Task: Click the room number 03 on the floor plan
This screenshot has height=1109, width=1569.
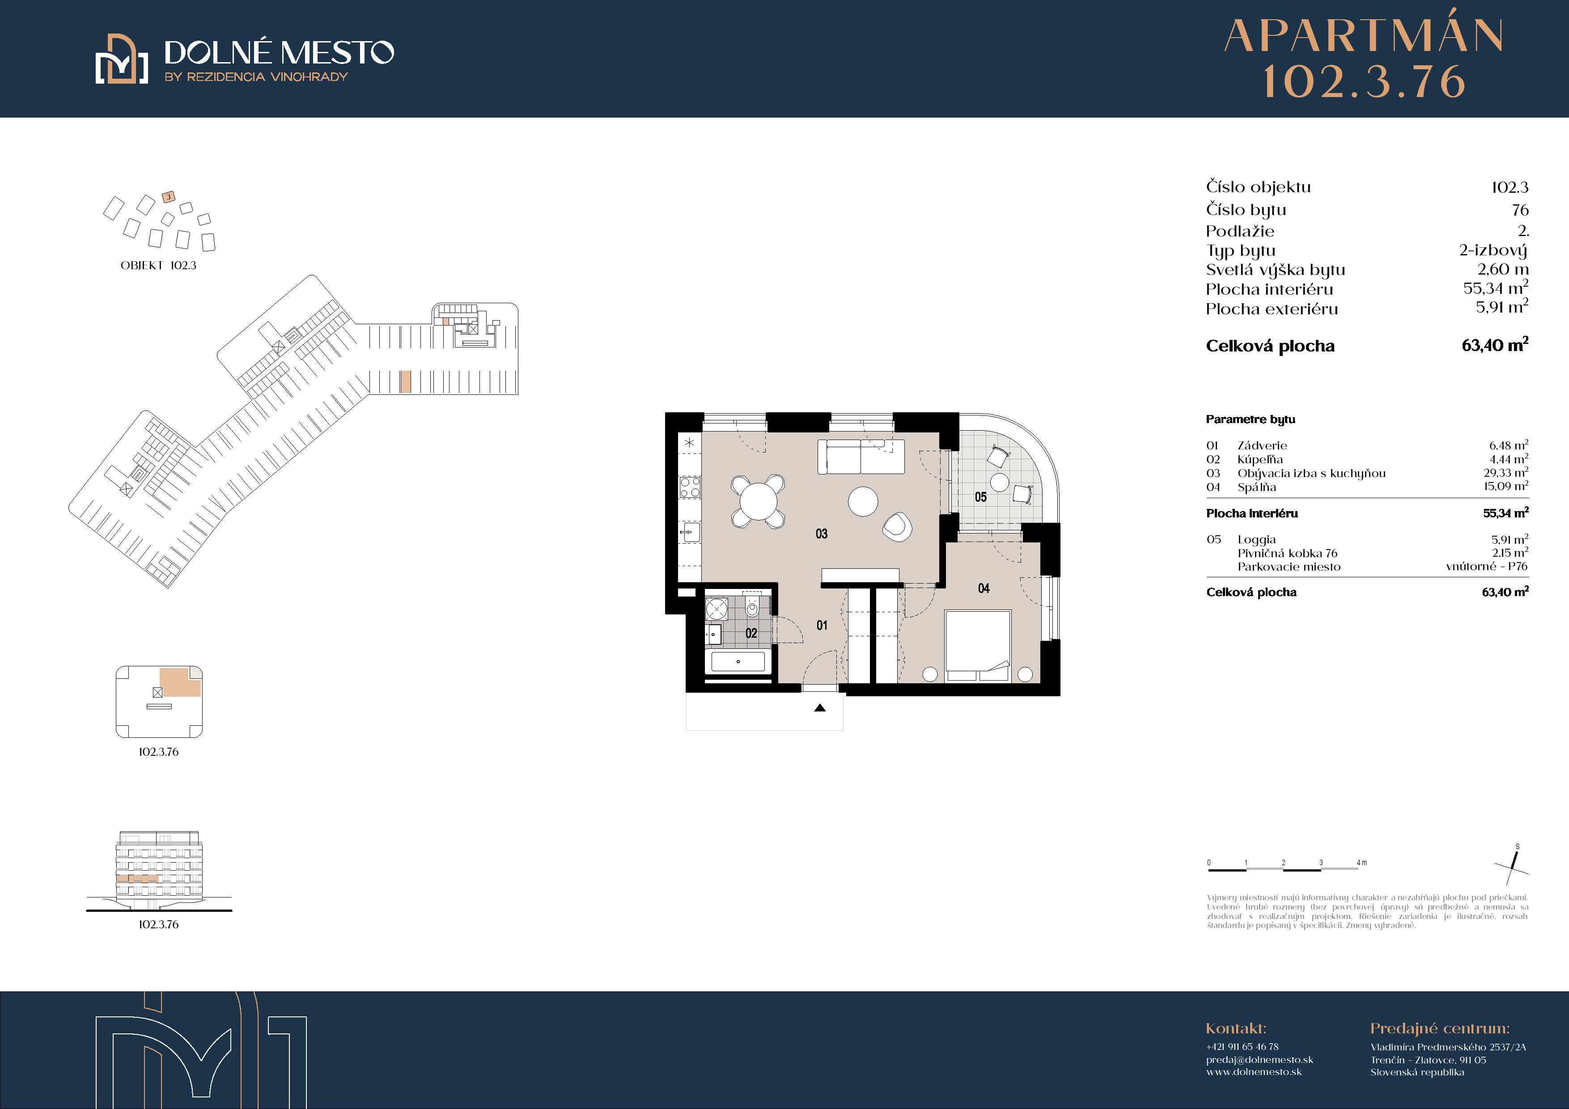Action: [x=822, y=533]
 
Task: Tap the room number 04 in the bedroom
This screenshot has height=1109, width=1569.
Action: [x=984, y=588]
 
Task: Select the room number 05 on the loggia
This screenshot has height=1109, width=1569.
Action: [x=980, y=497]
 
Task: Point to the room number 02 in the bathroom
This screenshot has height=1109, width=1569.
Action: [x=751, y=633]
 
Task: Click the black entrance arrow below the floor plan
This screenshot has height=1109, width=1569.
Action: [x=820, y=708]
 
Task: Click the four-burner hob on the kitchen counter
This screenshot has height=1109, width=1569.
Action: [x=690, y=487]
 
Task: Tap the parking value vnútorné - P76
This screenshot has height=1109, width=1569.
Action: [x=1486, y=567]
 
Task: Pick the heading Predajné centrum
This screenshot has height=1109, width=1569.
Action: [x=1440, y=1029]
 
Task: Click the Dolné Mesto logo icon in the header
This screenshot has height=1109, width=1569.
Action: [x=122, y=59]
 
